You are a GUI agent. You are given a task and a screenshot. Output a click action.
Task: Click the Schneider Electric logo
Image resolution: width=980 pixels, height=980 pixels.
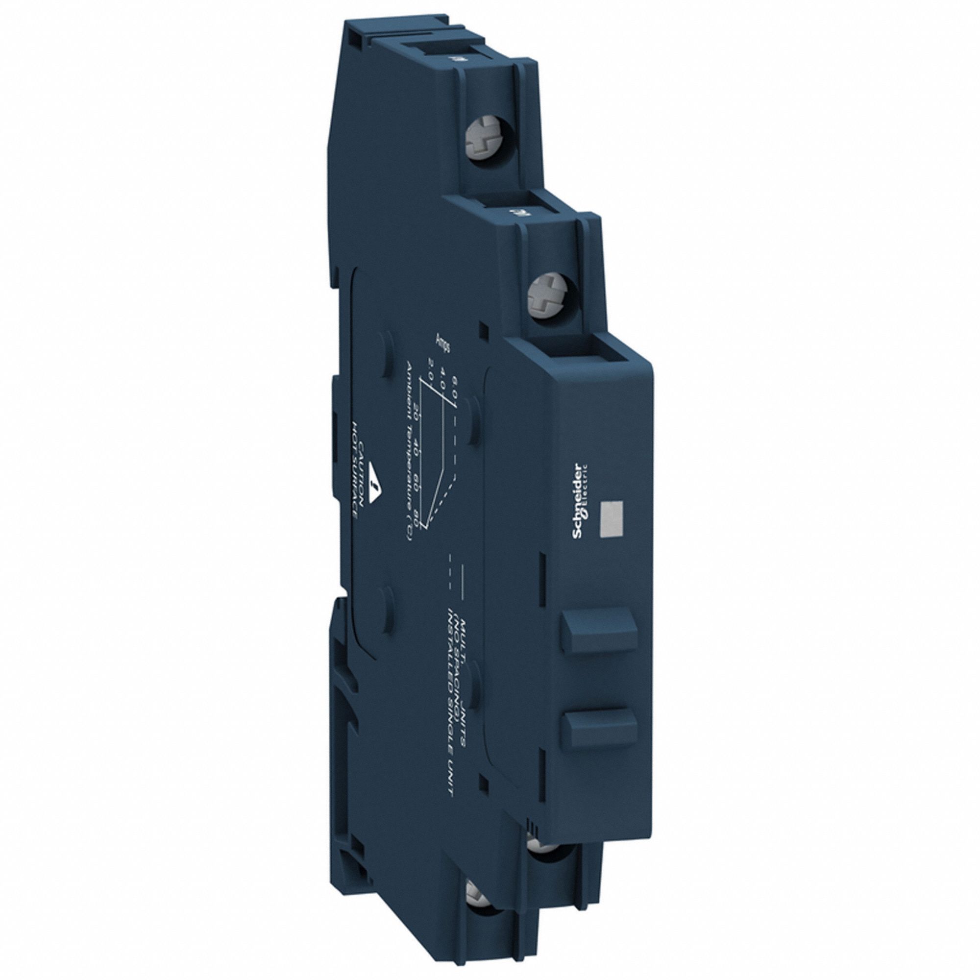[x=580, y=503]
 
